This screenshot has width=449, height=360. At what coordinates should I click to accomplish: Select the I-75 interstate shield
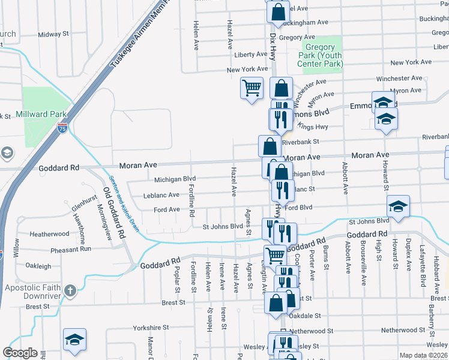(x=62, y=127)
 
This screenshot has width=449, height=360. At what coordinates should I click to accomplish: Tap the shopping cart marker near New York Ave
(x=252, y=88)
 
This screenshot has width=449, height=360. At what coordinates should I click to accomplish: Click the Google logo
(x=20, y=353)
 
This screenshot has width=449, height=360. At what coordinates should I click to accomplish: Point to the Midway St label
(x=53, y=35)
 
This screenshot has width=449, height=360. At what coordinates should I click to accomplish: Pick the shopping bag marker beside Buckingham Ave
(x=278, y=12)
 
